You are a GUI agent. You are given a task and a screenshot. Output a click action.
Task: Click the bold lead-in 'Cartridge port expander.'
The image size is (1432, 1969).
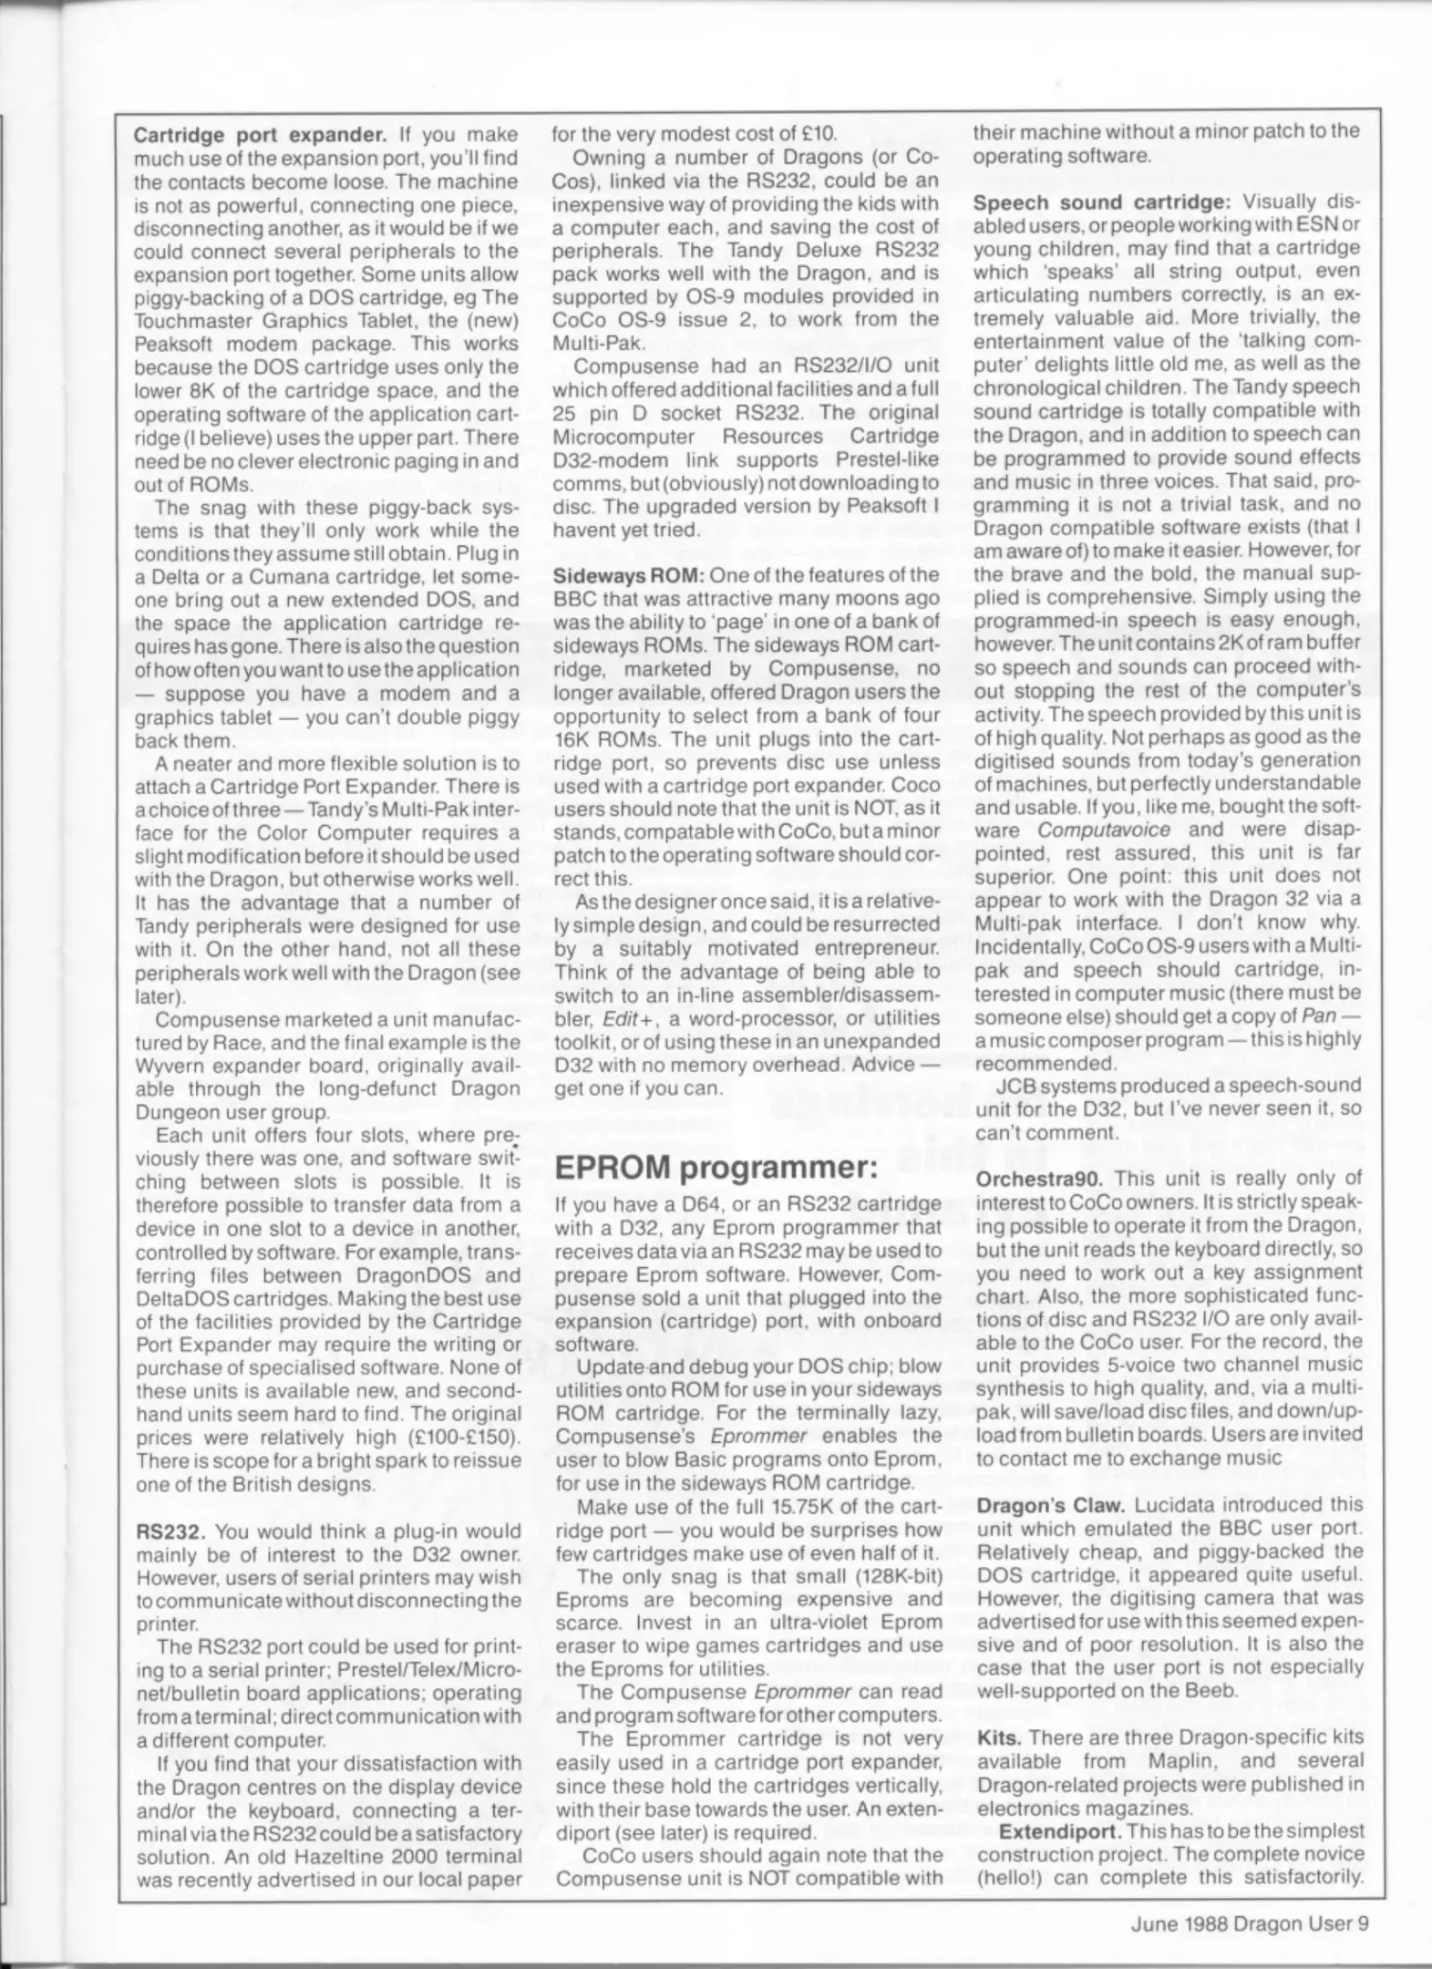click(261, 135)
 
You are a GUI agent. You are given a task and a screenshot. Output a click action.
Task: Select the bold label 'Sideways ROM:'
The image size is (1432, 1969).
click(629, 575)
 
